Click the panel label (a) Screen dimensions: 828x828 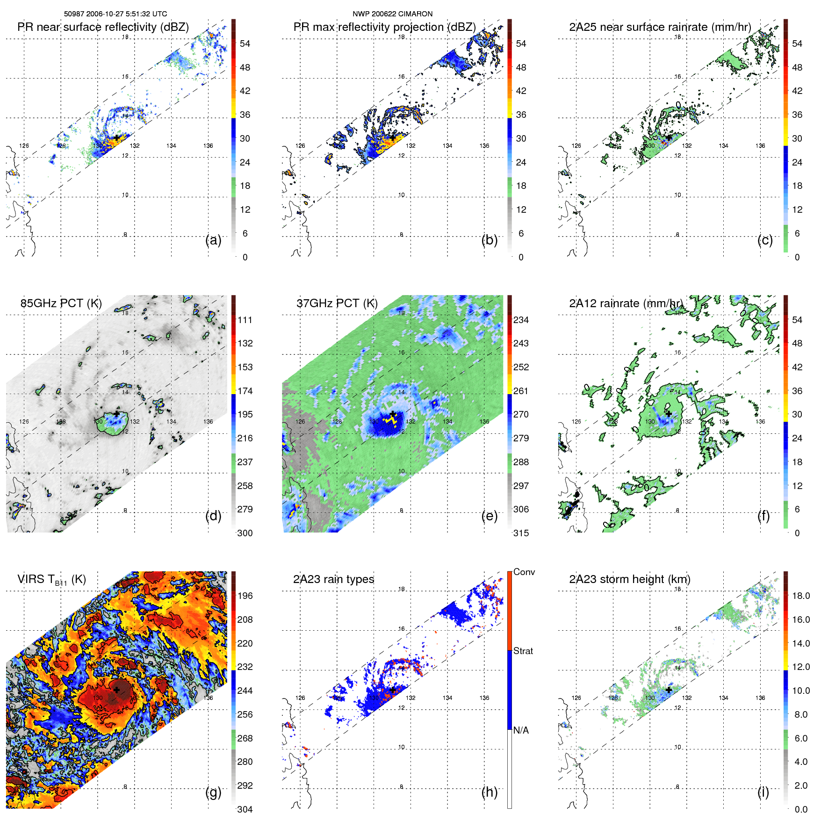(x=213, y=240)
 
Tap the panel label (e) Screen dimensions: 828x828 (x=490, y=516)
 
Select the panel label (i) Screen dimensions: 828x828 (x=763, y=792)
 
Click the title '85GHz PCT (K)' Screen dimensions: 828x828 (x=61, y=303)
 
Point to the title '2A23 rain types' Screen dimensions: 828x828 (x=333, y=579)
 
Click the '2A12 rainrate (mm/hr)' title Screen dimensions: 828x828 (x=626, y=303)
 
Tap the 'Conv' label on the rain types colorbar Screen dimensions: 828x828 (x=524, y=572)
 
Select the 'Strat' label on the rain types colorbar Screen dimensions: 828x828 (x=523, y=651)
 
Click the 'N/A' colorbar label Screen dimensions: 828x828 (x=521, y=730)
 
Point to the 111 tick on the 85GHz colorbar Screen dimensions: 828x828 (x=245, y=320)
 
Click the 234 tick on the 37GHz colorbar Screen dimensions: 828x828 (x=521, y=320)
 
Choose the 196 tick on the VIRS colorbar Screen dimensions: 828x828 (x=245, y=596)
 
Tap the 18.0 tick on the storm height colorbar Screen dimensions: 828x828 (x=801, y=596)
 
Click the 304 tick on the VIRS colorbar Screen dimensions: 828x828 (x=245, y=809)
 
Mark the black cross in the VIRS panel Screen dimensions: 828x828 (x=116, y=690)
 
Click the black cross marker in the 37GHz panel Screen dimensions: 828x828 (x=393, y=413)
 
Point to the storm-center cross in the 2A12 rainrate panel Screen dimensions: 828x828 (x=669, y=413)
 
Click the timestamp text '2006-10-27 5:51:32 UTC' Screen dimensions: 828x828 (x=126, y=14)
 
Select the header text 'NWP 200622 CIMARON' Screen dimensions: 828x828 (x=393, y=14)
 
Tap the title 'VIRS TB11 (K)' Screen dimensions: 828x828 (x=51, y=579)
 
